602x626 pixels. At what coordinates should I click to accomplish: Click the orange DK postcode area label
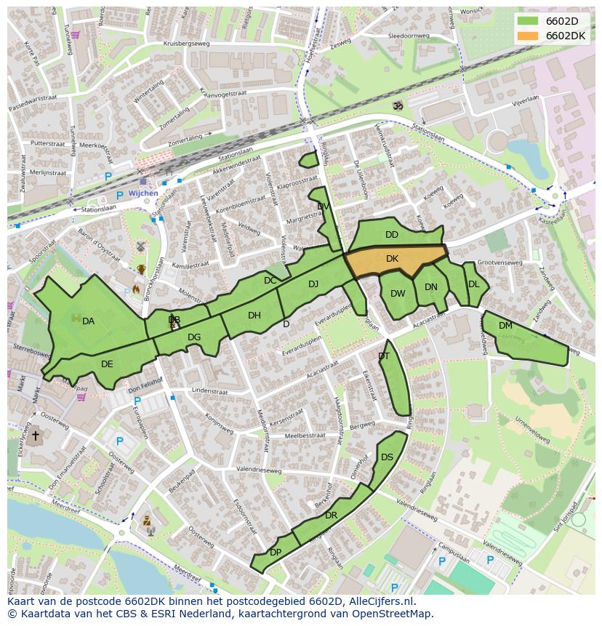(392, 259)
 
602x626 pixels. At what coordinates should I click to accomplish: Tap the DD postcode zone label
(392, 235)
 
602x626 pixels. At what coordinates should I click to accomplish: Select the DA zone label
(88, 321)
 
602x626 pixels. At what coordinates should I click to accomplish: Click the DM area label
(505, 326)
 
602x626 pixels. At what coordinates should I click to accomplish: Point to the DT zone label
(384, 356)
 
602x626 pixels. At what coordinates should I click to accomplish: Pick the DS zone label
(387, 457)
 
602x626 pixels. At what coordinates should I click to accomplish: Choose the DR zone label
(331, 515)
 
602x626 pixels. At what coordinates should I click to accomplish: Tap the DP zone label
(276, 553)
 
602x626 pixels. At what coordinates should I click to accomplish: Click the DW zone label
(398, 294)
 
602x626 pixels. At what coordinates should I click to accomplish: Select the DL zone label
(474, 284)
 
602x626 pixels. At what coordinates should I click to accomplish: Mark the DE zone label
(107, 364)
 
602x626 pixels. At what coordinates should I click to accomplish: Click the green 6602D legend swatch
(529, 21)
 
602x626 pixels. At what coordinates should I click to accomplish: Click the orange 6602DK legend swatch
(529, 36)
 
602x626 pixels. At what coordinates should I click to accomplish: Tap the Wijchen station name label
(143, 194)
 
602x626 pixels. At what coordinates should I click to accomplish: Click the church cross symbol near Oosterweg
(35, 436)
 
